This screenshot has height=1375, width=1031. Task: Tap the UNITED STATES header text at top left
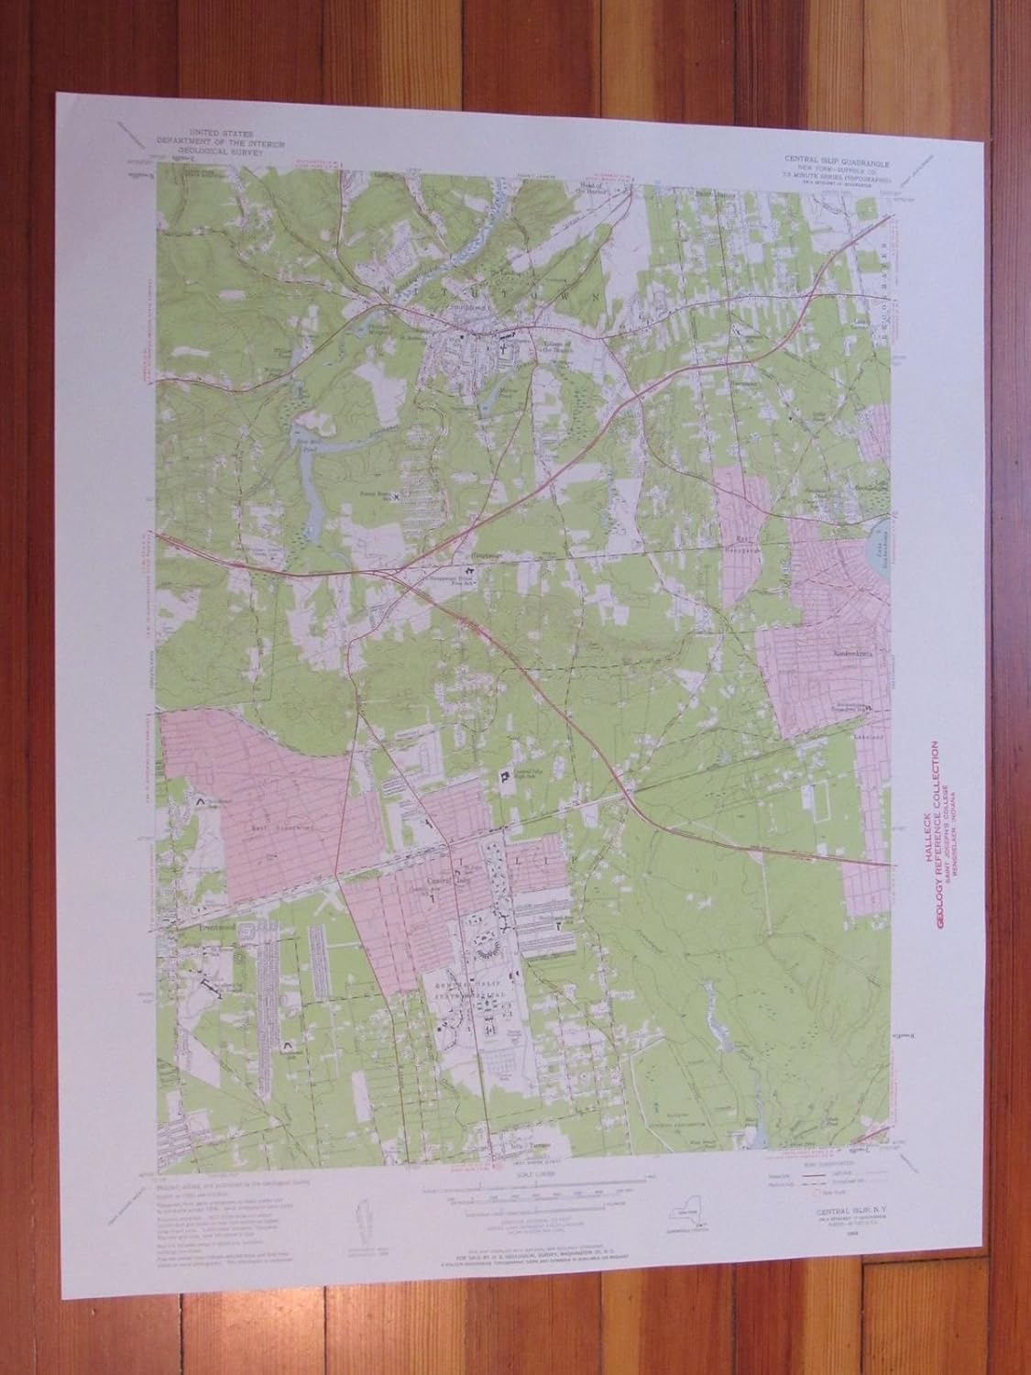click(x=220, y=134)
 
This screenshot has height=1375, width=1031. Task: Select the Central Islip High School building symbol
click(x=503, y=776)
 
